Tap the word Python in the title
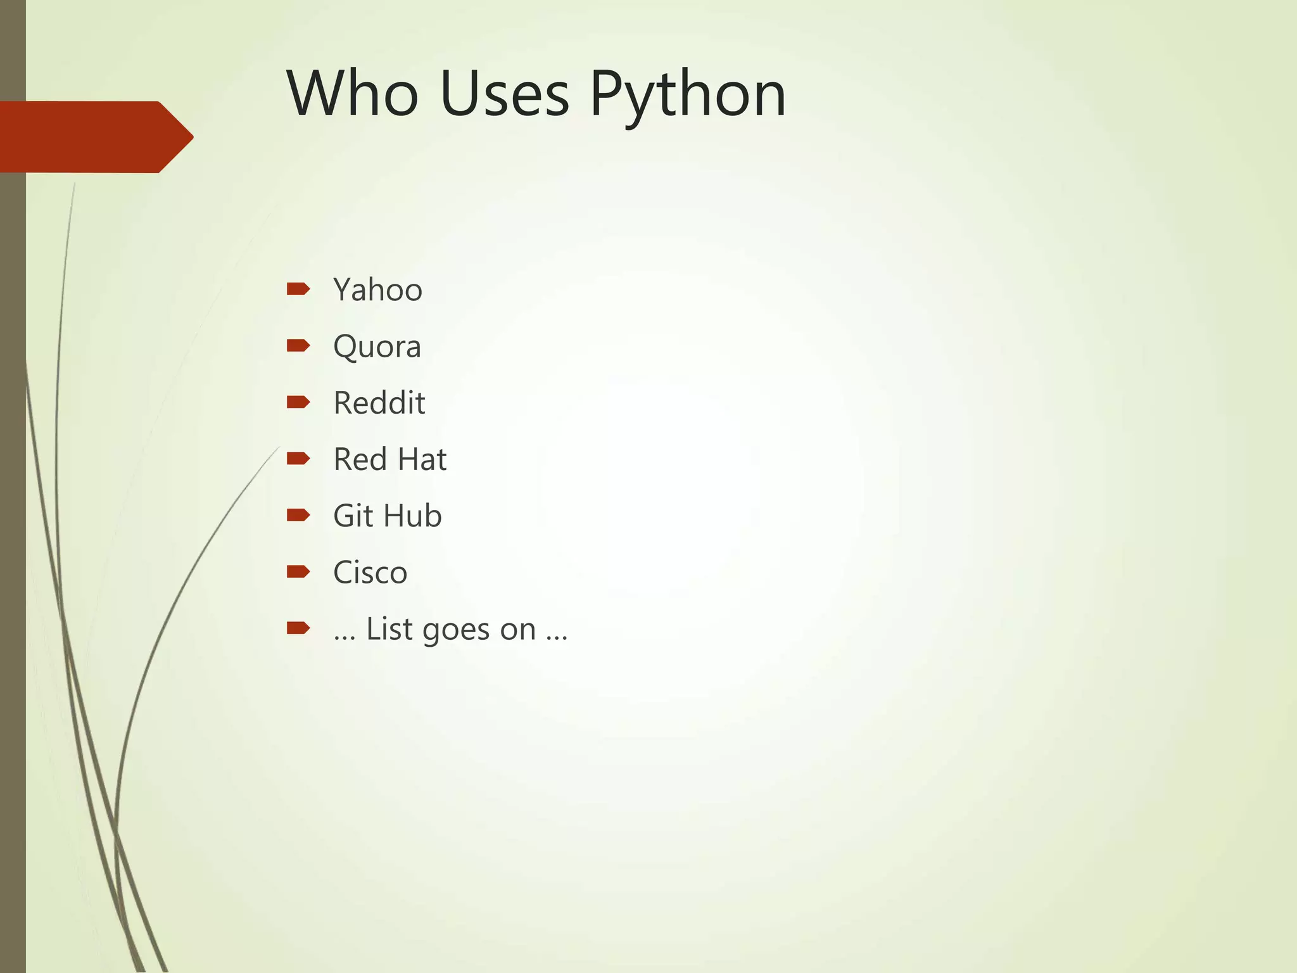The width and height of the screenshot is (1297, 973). (x=688, y=95)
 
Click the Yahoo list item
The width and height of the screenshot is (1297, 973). (x=377, y=290)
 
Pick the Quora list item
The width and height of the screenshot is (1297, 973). (x=377, y=347)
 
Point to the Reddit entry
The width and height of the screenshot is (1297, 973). (x=379, y=403)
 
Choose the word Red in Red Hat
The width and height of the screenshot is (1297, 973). (x=360, y=459)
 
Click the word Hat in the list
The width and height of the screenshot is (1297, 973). (x=421, y=459)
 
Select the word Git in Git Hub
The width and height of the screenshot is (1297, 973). (x=353, y=516)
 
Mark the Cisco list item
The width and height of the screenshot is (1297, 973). (x=370, y=573)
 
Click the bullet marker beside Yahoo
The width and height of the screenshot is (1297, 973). (x=298, y=289)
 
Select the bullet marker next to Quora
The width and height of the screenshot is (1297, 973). (x=298, y=345)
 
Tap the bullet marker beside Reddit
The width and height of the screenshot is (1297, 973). (x=298, y=402)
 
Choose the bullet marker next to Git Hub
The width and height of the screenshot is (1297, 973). (x=298, y=514)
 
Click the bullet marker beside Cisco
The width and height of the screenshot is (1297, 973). (x=298, y=571)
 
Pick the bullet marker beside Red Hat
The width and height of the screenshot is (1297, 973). (x=298, y=458)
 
